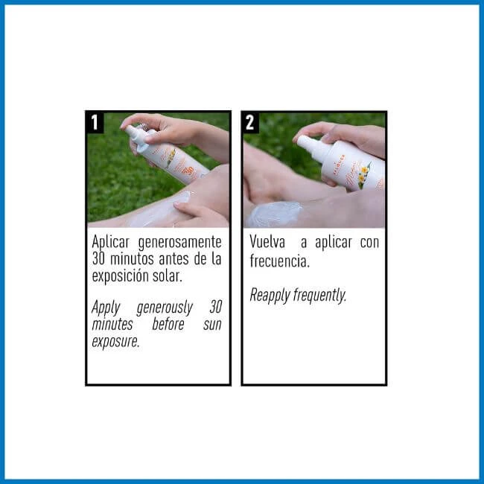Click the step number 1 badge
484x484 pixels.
coord(95,123)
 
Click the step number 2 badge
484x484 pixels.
coord(250,123)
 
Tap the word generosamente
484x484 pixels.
coord(180,243)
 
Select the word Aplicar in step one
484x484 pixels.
coord(111,243)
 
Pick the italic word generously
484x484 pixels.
coord(165,308)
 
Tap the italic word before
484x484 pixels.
coord(168,324)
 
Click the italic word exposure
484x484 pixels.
coord(115,342)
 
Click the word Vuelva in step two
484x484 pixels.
coord(267,242)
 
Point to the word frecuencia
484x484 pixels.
coord(280,261)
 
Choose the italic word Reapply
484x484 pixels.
coord(270,296)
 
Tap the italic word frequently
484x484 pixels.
coord(319,295)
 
